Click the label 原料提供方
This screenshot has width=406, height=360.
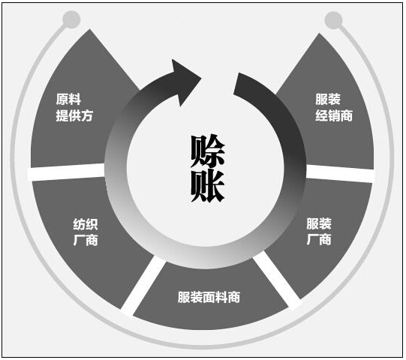[x=74, y=107]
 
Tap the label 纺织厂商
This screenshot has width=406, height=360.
[x=86, y=232]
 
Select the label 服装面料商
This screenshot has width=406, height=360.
[x=209, y=297]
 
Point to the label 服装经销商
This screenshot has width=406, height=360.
[x=334, y=107]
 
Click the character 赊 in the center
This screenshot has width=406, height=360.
[x=208, y=151]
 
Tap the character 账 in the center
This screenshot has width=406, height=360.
[x=208, y=186]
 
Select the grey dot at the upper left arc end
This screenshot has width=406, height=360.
[x=71, y=19]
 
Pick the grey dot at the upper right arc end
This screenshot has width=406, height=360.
[x=333, y=20]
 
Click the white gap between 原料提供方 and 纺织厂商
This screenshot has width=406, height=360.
[x=66, y=172]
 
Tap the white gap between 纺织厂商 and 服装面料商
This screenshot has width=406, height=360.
[x=143, y=286]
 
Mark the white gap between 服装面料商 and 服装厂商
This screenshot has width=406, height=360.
[x=277, y=280]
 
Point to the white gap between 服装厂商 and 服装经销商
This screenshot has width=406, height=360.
[x=340, y=173]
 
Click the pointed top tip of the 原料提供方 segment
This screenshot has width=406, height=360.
[x=89, y=29]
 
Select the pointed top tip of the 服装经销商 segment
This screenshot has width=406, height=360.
[x=319, y=34]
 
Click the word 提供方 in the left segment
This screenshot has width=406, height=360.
[x=74, y=115]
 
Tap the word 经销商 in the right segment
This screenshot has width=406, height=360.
[x=334, y=115]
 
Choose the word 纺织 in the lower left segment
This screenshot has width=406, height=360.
[x=86, y=224]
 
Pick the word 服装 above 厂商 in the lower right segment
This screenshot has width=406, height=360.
[x=319, y=223]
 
